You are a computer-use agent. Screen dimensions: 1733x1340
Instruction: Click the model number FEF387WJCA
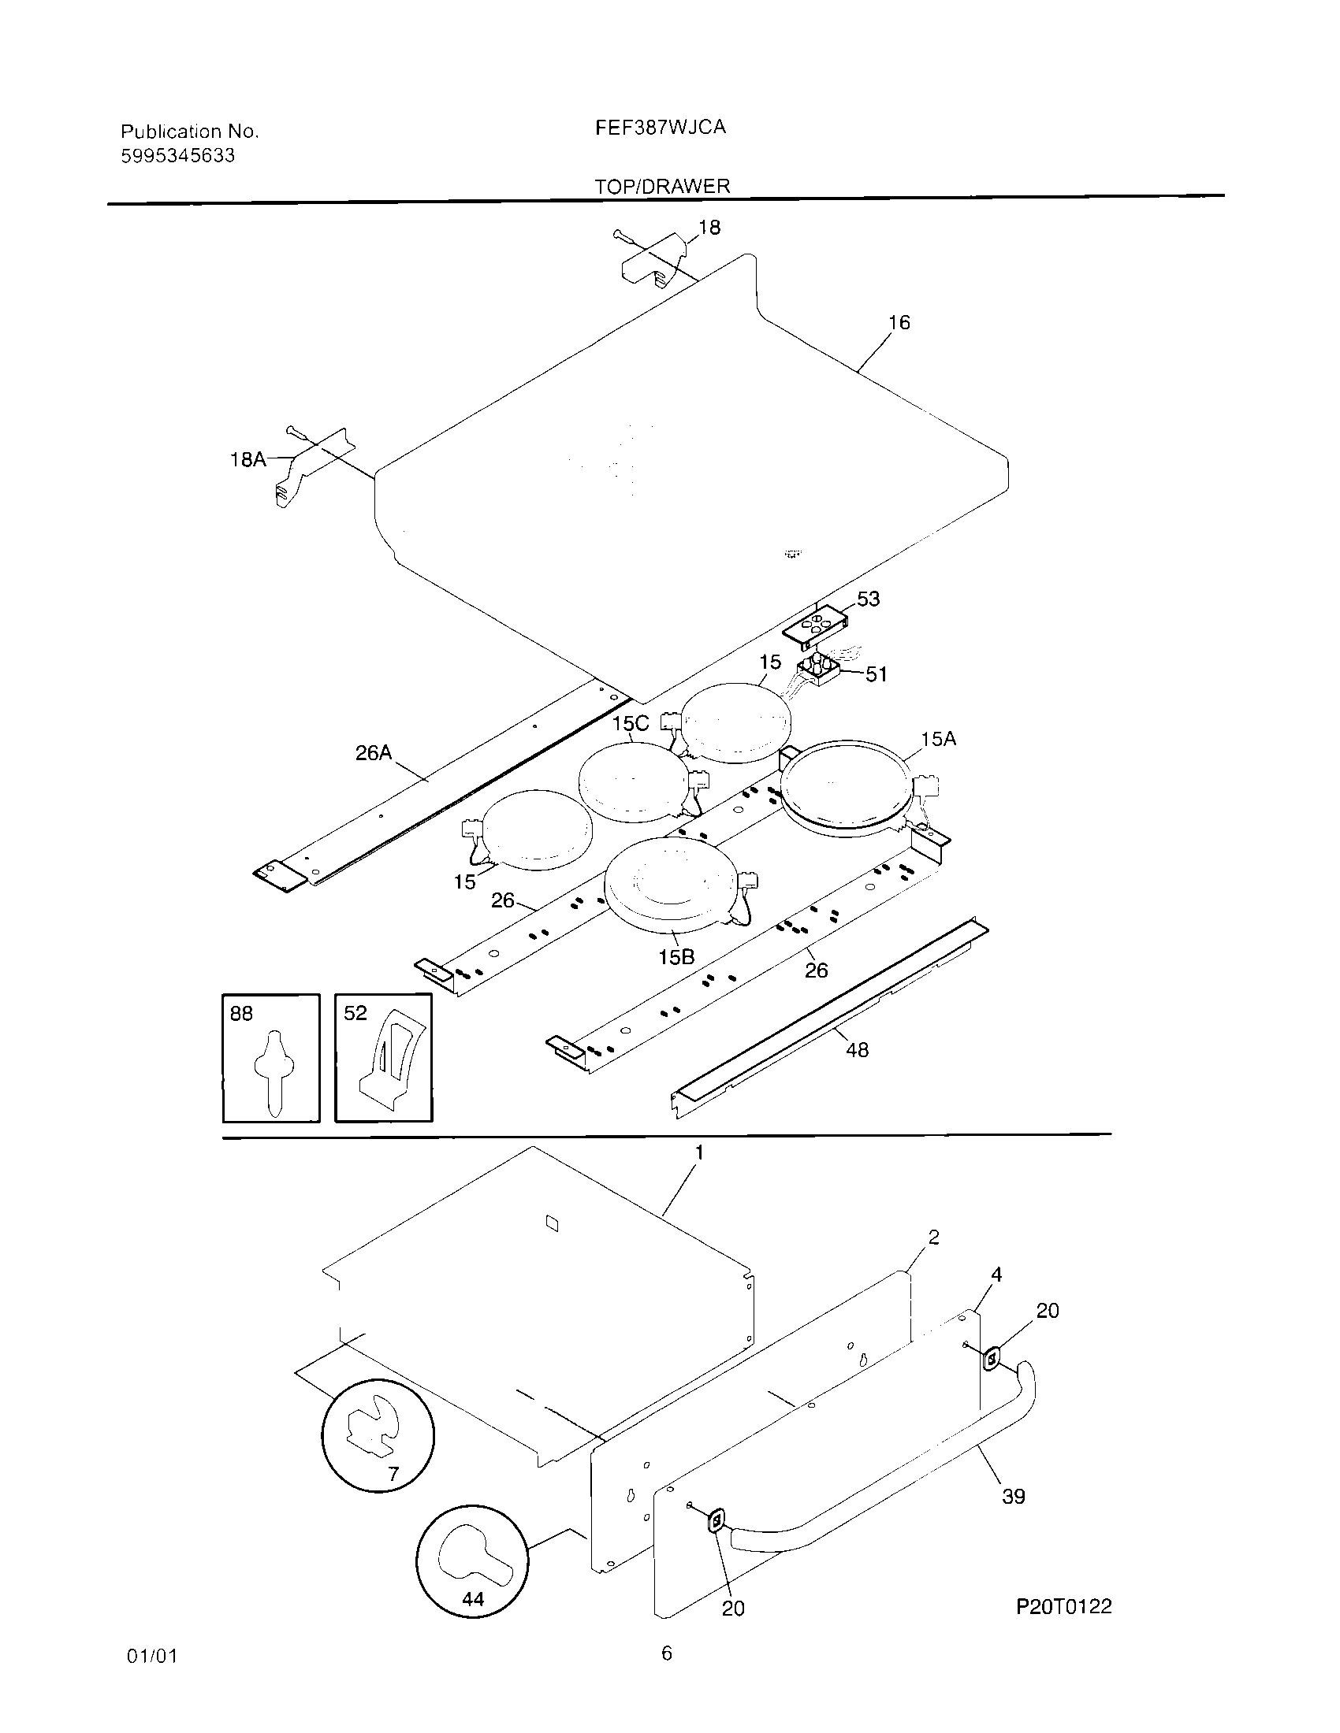[x=661, y=127]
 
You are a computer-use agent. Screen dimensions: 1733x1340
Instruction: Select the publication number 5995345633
[x=178, y=155]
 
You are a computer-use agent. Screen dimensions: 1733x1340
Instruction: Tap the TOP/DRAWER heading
[x=662, y=187]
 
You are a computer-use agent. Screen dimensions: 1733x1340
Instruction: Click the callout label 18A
[x=248, y=459]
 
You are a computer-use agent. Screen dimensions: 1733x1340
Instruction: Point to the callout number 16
[x=899, y=322]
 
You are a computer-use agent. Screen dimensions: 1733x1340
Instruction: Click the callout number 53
[x=868, y=599]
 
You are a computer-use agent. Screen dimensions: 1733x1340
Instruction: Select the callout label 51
[x=876, y=674]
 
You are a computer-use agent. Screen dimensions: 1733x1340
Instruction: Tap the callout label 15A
[x=938, y=740]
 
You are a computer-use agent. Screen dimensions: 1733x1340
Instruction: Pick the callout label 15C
[x=631, y=724]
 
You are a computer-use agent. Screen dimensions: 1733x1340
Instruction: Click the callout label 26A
[x=374, y=753]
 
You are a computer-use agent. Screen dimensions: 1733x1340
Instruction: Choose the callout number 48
[x=858, y=1051]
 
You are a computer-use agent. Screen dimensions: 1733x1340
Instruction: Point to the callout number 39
[x=1014, y=1497]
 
